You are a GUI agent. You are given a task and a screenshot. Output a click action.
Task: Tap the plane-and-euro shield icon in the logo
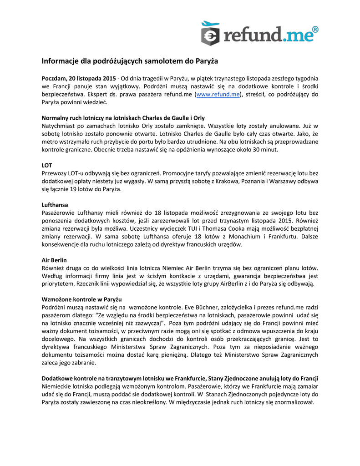pyautogui.click(x=210, y=33)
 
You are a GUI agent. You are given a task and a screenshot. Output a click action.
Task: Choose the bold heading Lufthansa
pyautogui.click(x=55, y=205)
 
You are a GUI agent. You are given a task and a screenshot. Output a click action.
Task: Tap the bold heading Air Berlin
pyautogui.click(x=54, y=260)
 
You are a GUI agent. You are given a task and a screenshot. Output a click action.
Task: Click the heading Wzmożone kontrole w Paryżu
pyautogui.click(x=82, y=299)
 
